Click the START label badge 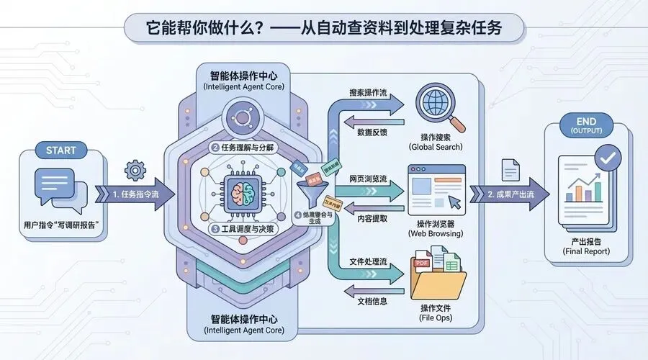pyautogui.click(x=60, y=150)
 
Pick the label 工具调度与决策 pyautogui.click(x=243, y=229)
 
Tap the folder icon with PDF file pyautogui.click(x=437, y=274)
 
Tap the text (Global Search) pyautogui.click(x=436, y=147)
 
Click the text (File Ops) pyautogui.click(x=436, y=318)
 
